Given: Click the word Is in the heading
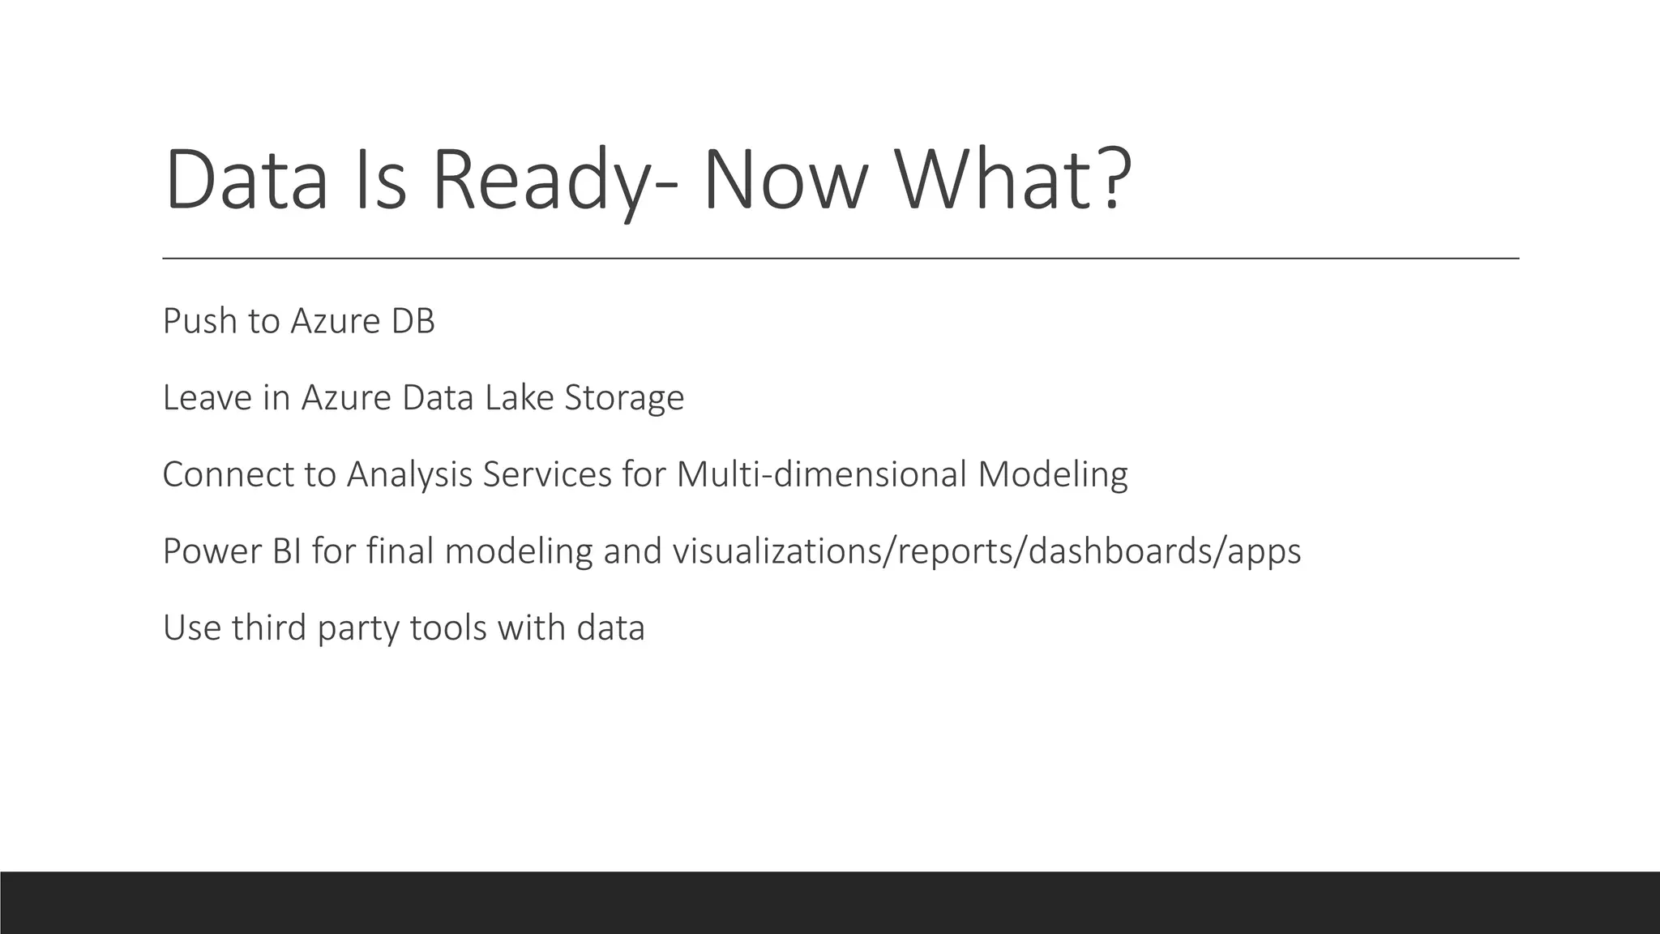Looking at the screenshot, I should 380,180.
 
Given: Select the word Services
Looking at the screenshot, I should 547,474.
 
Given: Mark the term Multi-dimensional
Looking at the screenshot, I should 821,474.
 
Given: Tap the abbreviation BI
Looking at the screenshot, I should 288,551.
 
